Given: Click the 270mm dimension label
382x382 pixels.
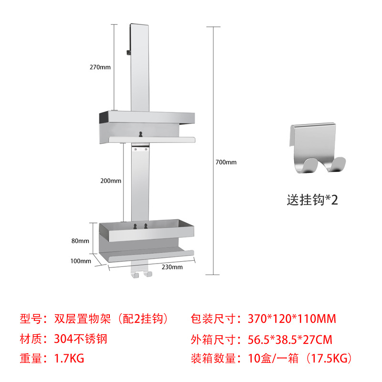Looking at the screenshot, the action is point(100,67).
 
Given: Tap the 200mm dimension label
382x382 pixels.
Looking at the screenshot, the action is point(111,181).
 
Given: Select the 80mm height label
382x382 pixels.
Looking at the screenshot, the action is point(80,241).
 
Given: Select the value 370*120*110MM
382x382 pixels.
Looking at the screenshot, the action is point(293,318).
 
